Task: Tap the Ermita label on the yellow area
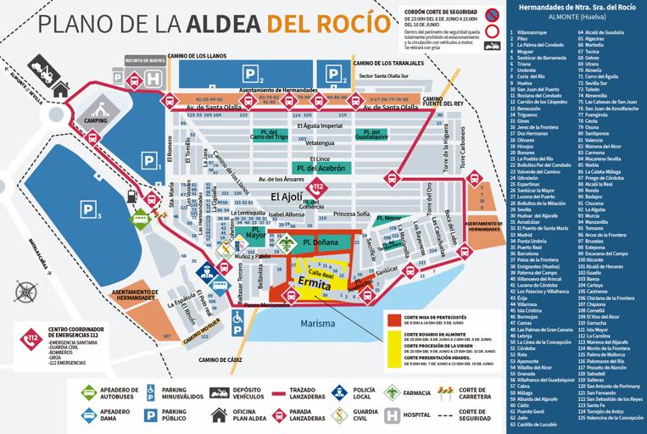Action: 315,285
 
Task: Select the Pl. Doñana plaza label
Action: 319,243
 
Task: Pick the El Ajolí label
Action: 287,197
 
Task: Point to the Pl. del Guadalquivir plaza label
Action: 371,136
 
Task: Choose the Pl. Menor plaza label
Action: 388,218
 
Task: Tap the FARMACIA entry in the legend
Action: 407,392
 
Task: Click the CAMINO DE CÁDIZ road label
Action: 219,359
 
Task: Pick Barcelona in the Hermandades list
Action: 527,253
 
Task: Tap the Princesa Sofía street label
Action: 351,214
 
